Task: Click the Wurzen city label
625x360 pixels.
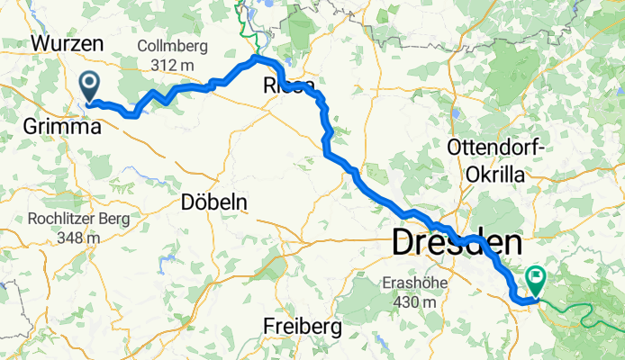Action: tap(67, 43)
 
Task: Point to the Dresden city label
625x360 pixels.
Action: tap(457, 243)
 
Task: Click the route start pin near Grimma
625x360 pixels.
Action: tap(90, 87)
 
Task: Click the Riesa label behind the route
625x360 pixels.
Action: tap(288, 85)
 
